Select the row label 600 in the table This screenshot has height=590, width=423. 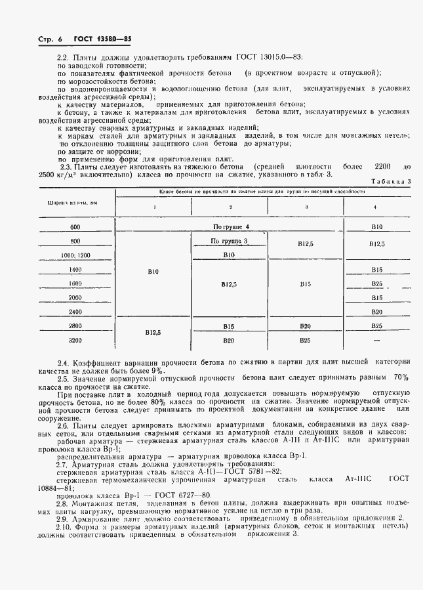click(x=73, y=226)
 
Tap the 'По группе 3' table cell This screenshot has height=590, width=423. click(x=228, y=242)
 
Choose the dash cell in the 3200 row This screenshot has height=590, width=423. click(x=376, y=341)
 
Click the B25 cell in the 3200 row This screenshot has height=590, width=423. click(x=305, y=341)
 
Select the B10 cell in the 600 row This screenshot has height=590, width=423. click(x=376, y=227)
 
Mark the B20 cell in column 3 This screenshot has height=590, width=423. click(x=305, y=326)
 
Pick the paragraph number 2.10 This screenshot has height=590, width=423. click(x=66, y=527)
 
